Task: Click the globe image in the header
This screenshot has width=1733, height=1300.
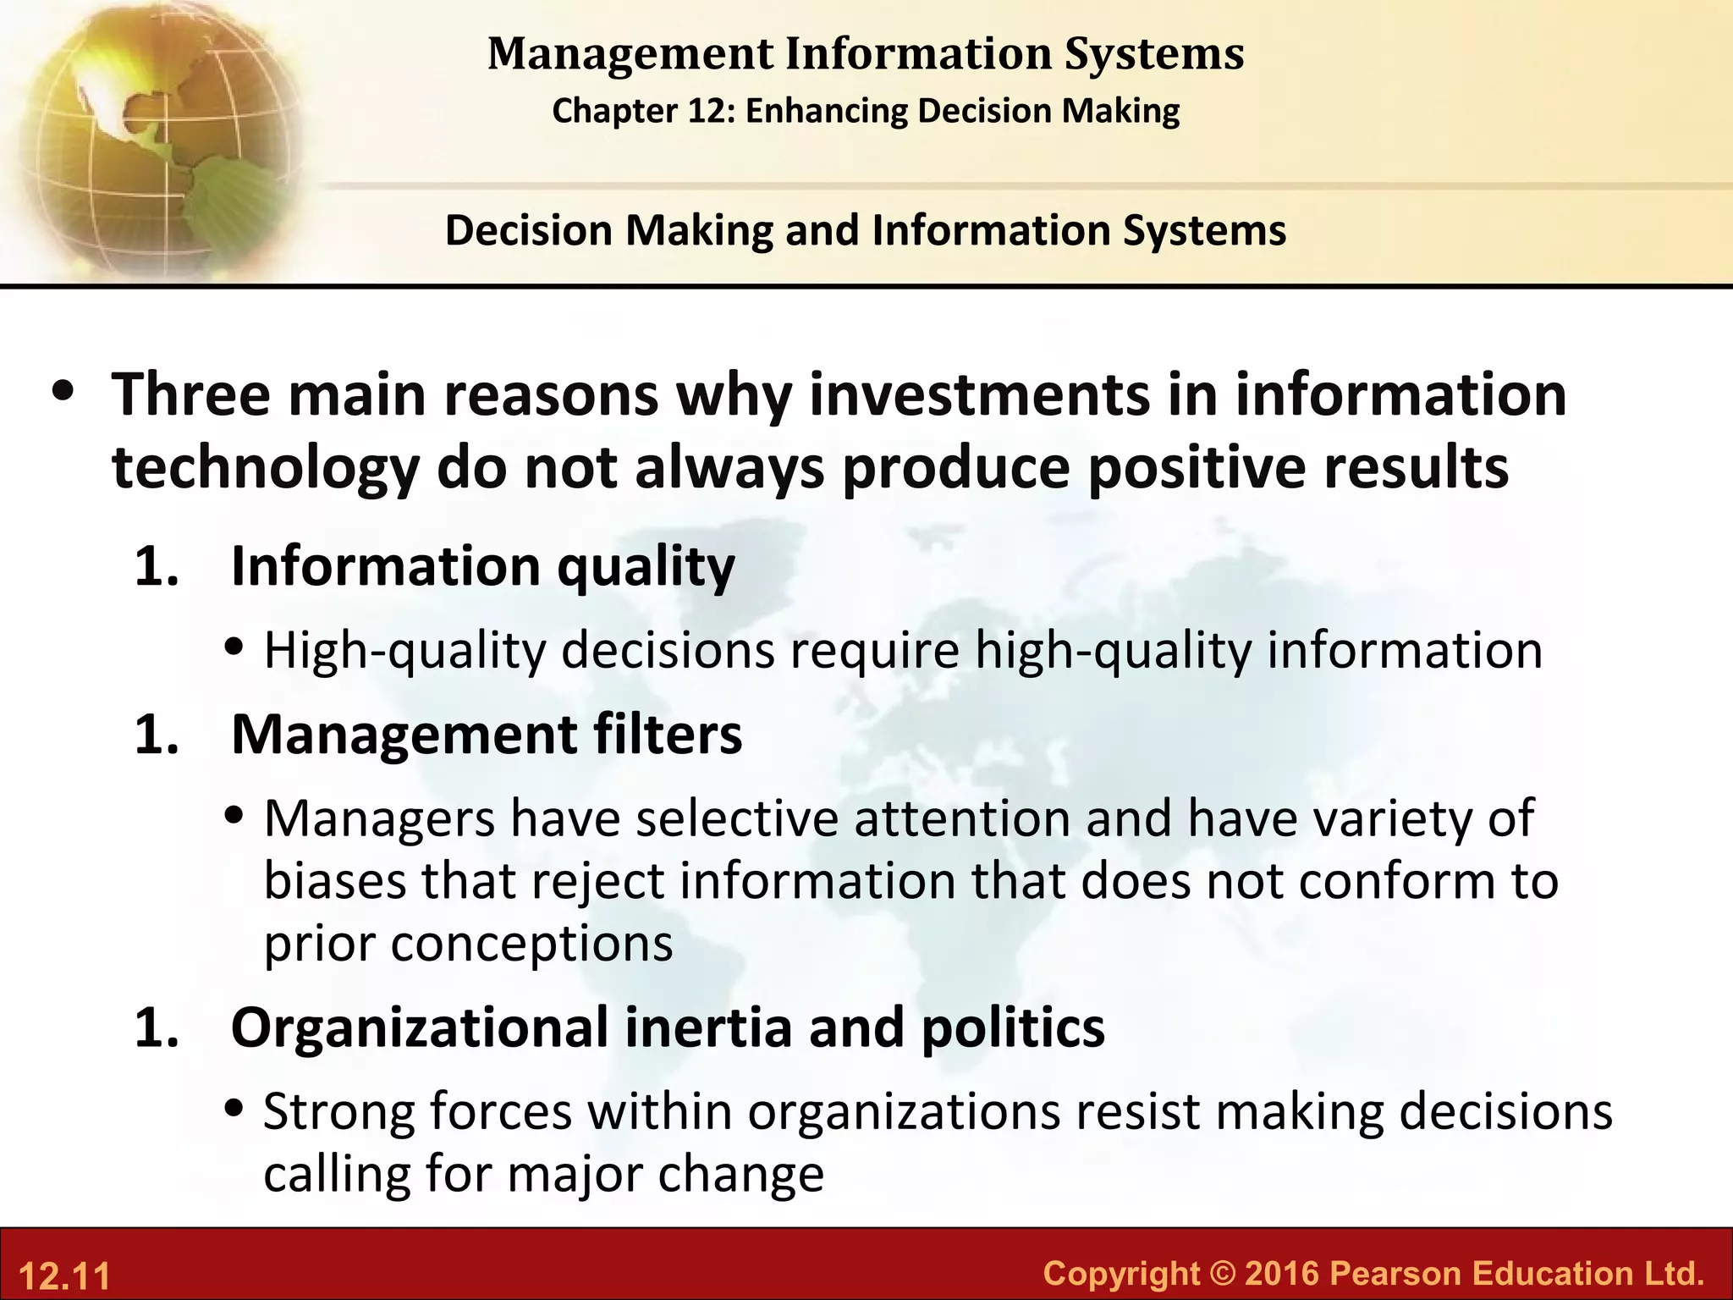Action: pyautogui.click(x=152, y=135)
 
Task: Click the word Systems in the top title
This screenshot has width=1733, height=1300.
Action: pyautogui.click(x=1154, y=54)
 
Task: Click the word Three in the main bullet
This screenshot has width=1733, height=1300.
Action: pyautogui.click(x=191, y=395)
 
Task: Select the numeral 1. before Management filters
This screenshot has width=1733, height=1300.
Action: pyautogui.click(x=157, y=734)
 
